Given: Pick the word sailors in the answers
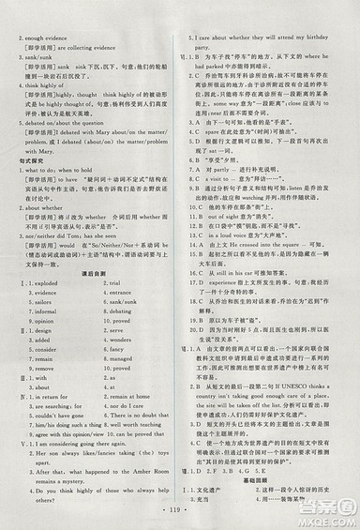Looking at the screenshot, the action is point(40,277).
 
